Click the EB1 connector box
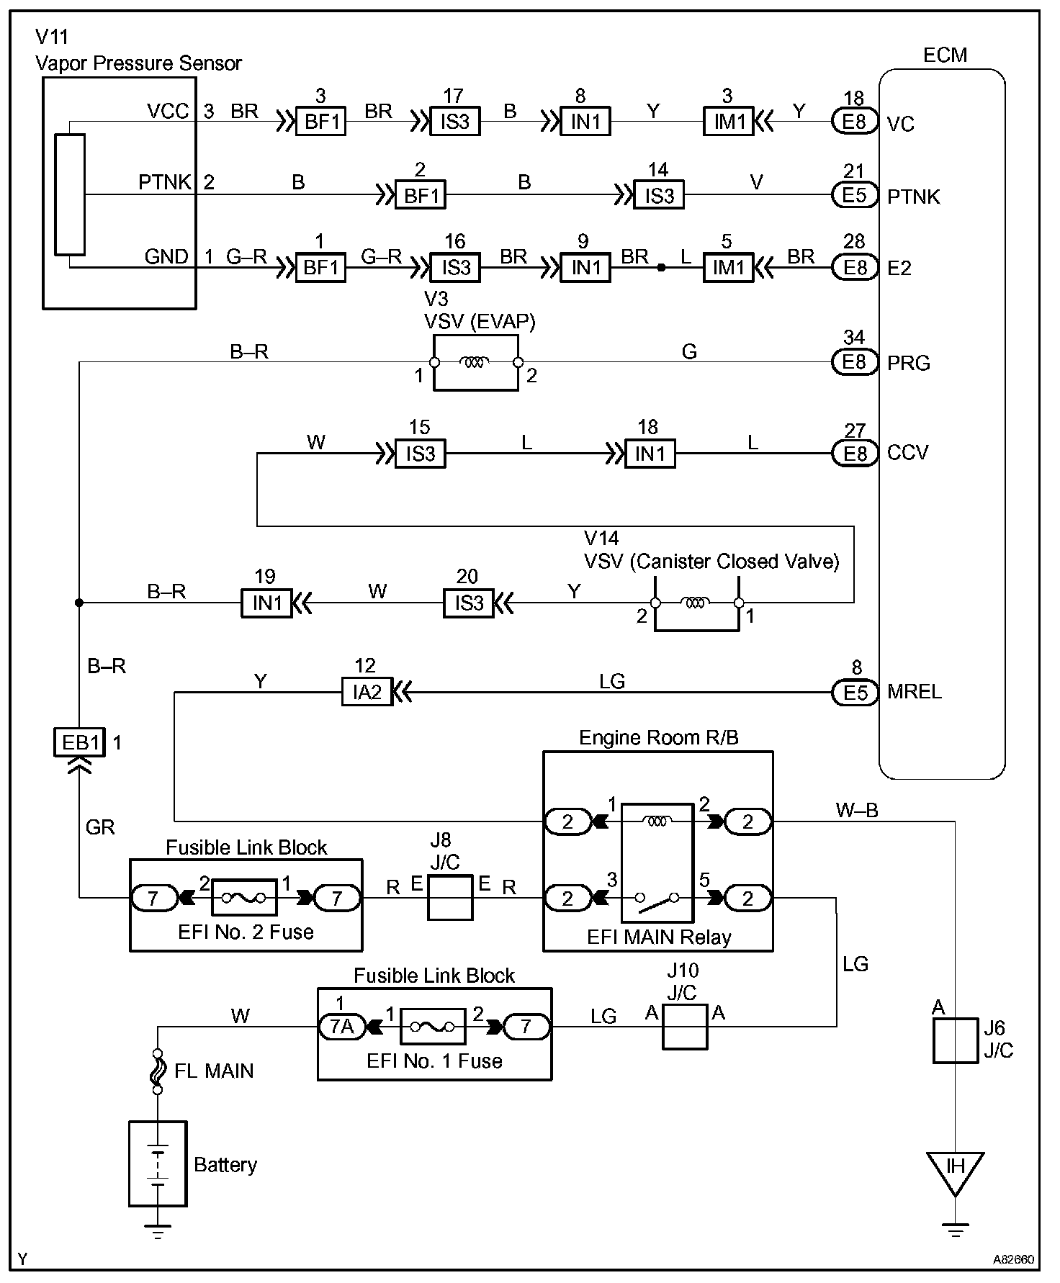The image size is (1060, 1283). coord(79,742)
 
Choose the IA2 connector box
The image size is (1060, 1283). coord(367,693)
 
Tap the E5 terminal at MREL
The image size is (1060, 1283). coord(855,693)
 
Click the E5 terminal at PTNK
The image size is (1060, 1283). coord(855,195)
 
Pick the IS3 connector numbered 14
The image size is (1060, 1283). coord(659,195)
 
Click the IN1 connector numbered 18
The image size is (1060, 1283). coord(650,454)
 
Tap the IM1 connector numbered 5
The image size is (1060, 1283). coord(728,268)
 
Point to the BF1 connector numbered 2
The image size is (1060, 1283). coord(421,195)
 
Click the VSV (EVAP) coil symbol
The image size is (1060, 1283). coord(475,362)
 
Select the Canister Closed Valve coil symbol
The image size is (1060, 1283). coord(696,603)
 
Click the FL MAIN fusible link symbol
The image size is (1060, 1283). coord(158,1071)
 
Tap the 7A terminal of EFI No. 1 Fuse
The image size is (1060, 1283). coord(342,1027)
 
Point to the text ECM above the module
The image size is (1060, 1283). coord(945,55)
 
